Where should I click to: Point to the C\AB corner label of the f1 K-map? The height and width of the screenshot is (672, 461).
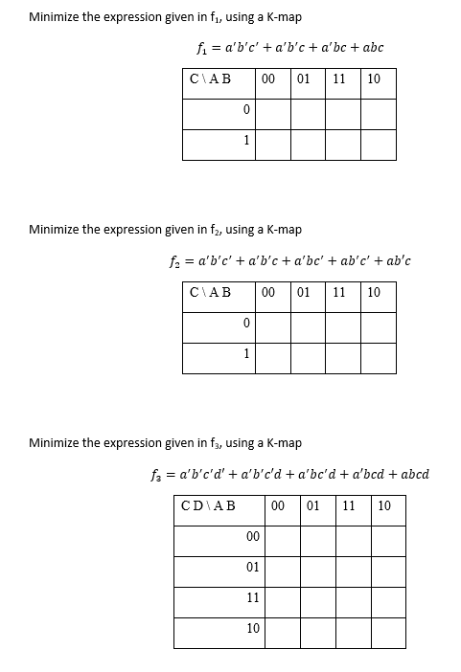coord(212,79)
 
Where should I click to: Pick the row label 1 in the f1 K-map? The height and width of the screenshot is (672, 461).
coord(246,142)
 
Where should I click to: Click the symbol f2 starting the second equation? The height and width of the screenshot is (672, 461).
coord(173,260)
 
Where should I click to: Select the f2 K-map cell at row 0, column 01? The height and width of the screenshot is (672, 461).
coord(308,325)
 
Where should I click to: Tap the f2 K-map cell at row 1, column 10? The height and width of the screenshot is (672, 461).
coord(378,357)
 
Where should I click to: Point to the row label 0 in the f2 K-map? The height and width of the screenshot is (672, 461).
coord(246,325)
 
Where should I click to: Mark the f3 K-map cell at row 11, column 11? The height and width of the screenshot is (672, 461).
coord(352,599)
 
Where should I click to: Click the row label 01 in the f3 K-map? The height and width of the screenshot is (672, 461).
coord(252,568)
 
